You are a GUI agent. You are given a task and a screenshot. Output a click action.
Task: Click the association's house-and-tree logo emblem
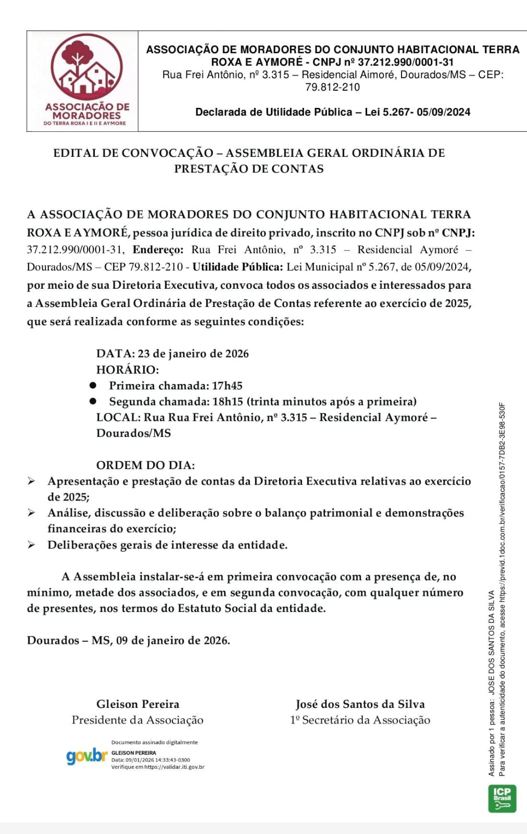click(x=86, y=68)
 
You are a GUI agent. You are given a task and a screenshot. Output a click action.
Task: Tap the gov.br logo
click(x=86, y=755)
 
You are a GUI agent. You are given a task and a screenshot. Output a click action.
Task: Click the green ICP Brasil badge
click(x=502, y=798)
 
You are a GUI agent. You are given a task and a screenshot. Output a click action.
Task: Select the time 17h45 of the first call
click(x=227, y=386)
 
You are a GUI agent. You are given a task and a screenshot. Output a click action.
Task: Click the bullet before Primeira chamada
click(x=93, y=385)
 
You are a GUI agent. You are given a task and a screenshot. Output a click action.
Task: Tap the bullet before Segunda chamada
click(x=93, y=401)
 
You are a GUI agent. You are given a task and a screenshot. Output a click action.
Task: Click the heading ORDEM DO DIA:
click(x=145, y=465)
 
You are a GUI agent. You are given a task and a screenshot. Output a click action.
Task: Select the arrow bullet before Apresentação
click(x=32, y=481)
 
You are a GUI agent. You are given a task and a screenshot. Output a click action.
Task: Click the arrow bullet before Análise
click(x=32, y=513)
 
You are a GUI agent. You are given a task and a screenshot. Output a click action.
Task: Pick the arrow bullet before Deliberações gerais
click(x=32, y=545)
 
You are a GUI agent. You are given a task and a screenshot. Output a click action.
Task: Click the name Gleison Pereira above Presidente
click(x=137, y=704)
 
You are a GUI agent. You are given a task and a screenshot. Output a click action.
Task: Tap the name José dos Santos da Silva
click(x=360, y=704)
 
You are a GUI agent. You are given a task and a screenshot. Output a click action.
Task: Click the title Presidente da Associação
click(x=137, y=720)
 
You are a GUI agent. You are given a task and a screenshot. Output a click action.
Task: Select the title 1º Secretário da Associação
click(x=360, y=720)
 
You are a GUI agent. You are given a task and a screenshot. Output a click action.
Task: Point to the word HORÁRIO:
click(x=128, y=370)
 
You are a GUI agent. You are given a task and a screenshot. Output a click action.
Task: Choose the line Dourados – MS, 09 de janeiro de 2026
click(x=129, y=640)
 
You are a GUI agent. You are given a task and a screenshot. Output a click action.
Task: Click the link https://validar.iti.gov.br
click(x=174, y=767)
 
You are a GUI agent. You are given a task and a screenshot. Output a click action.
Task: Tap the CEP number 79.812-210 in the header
click(x=332, y=87)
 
